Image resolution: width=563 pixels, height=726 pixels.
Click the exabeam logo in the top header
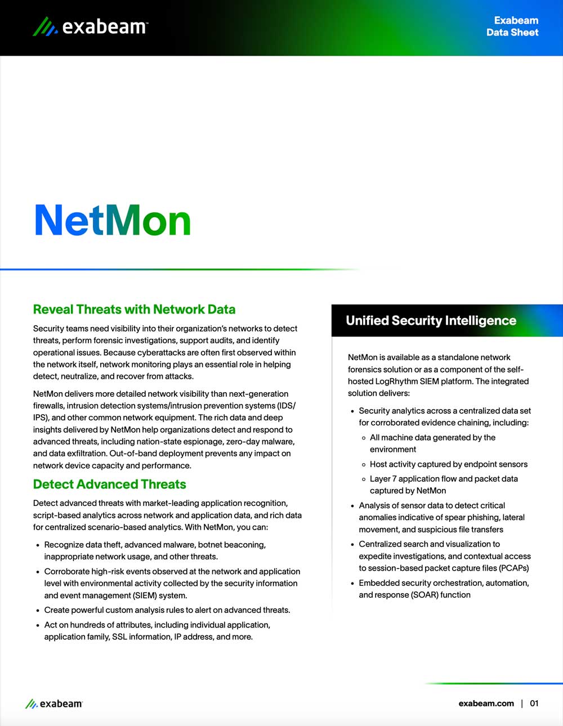pyautogui.click(x=90, y=26)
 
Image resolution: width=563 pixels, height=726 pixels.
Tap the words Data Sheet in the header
pyautogui.click(x=512, y=33)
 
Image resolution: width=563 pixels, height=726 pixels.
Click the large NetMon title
pyautogui.click(x=113, y=220)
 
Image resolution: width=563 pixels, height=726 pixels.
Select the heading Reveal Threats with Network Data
pyautogui.click(x=134, y=309)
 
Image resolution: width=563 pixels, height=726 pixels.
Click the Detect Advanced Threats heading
pyautogui.click(x=109, y=484)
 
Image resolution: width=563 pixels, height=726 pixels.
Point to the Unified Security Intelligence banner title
pyautogui.click(x=431, y=321)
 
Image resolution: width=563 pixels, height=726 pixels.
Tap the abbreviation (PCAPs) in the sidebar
pyautogui.click(x=513, y=568)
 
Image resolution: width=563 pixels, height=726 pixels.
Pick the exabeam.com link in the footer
pyautogui.click(x=486, y=703)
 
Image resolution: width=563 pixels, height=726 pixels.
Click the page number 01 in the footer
pyautogui.click(x=534, y=703)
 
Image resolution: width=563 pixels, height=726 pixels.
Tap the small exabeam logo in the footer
pyautogui.click(x=54, y=703)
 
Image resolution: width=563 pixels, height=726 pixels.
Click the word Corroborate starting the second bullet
pyautogui.click(x=67, y=571)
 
